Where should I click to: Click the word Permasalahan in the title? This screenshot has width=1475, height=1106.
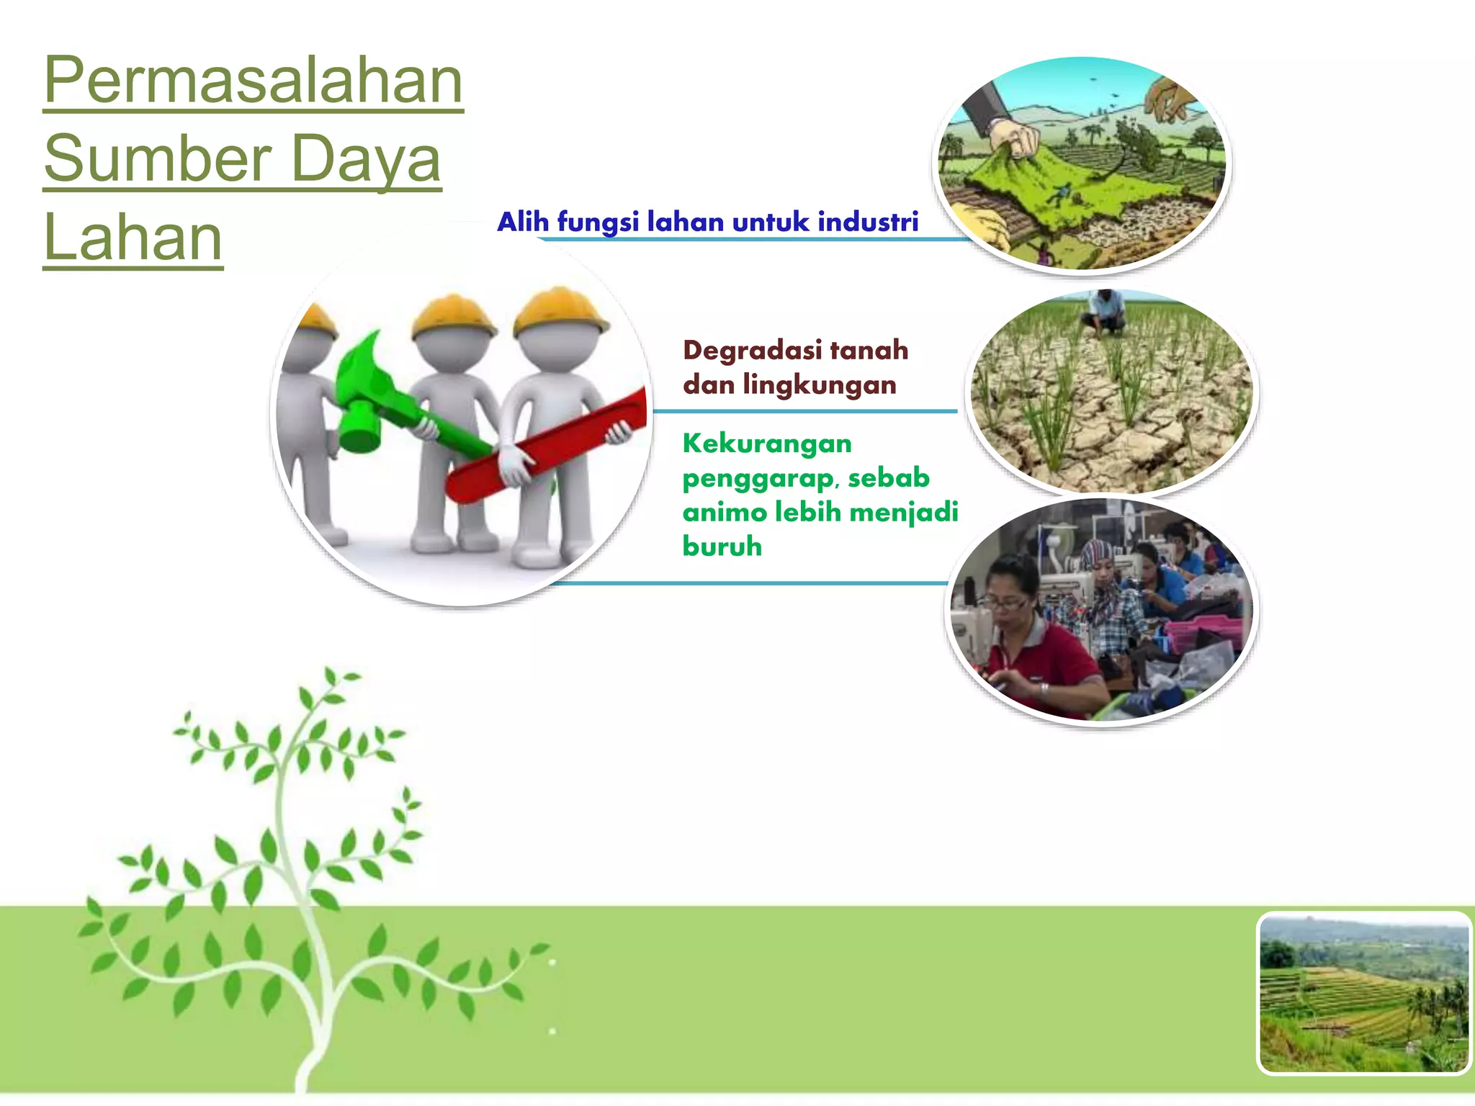coord(253,81)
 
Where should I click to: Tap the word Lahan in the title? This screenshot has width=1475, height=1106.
coord(133,238)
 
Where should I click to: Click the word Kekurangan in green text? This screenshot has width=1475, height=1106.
coord(767,444)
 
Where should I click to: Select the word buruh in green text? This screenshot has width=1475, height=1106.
coord(722,547)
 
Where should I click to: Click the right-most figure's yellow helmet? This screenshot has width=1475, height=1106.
coord(560,309)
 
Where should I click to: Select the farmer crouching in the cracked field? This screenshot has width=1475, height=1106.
coord(1103,313)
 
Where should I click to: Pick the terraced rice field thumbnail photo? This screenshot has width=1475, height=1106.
coord(1363,993)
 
